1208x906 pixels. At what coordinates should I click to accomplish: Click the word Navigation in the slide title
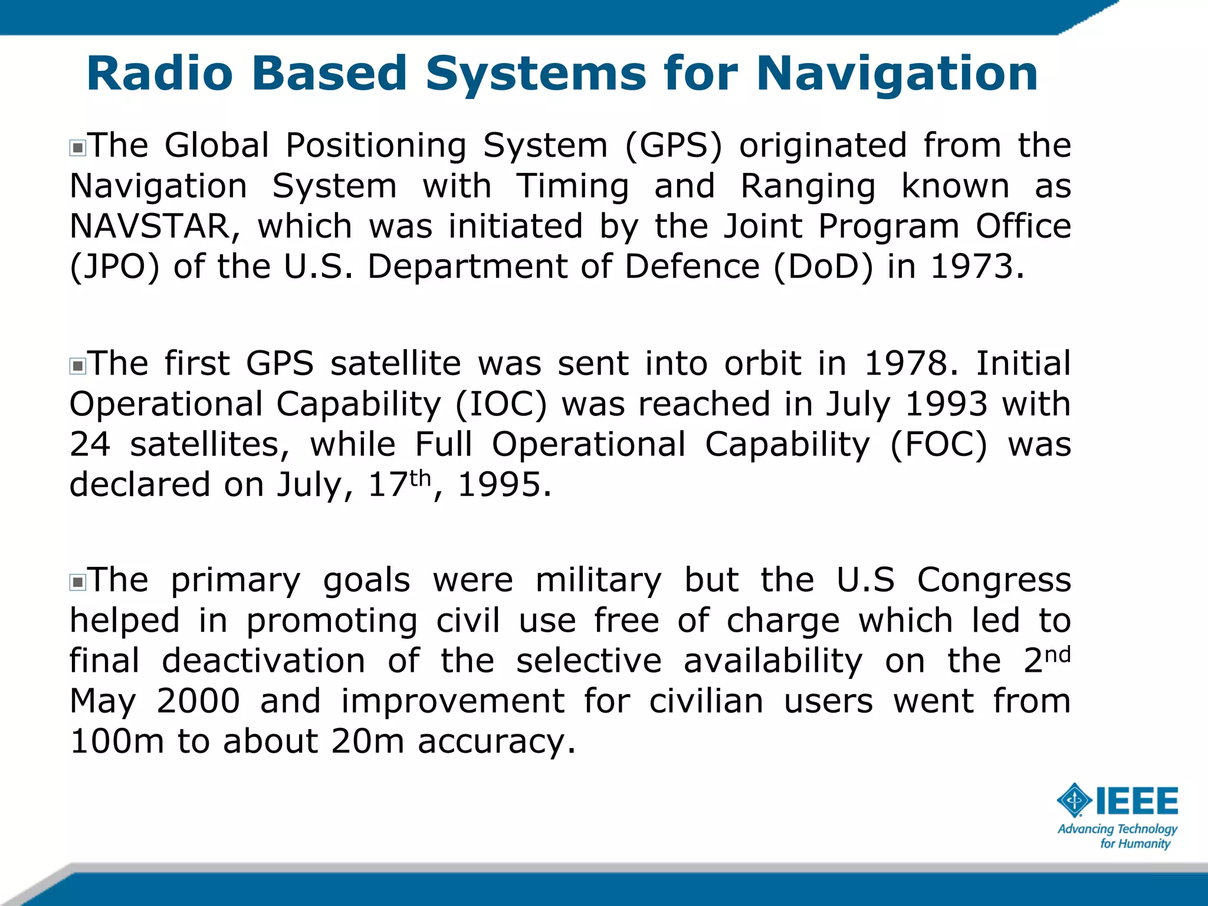pos(897,74)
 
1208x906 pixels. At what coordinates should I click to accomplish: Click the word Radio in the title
pos(160,74)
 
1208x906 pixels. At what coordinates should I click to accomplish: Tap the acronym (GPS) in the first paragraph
pos(673,146)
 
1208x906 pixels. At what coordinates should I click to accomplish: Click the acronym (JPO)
pos(114,267)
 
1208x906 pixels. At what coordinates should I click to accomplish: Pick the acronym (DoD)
pos(823,267)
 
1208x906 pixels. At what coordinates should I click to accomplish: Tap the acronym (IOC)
pos(501,405)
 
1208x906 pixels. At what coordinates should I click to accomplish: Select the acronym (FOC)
pos(938,445)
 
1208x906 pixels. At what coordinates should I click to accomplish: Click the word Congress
pos(994,580)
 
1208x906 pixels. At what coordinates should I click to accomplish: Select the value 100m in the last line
pos(117,741)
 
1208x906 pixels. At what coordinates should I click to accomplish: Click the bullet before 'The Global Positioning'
pos(77,147)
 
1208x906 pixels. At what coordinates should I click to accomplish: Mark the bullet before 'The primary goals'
pos(77,583)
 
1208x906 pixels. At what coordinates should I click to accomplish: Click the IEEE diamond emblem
pos(1074,800)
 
